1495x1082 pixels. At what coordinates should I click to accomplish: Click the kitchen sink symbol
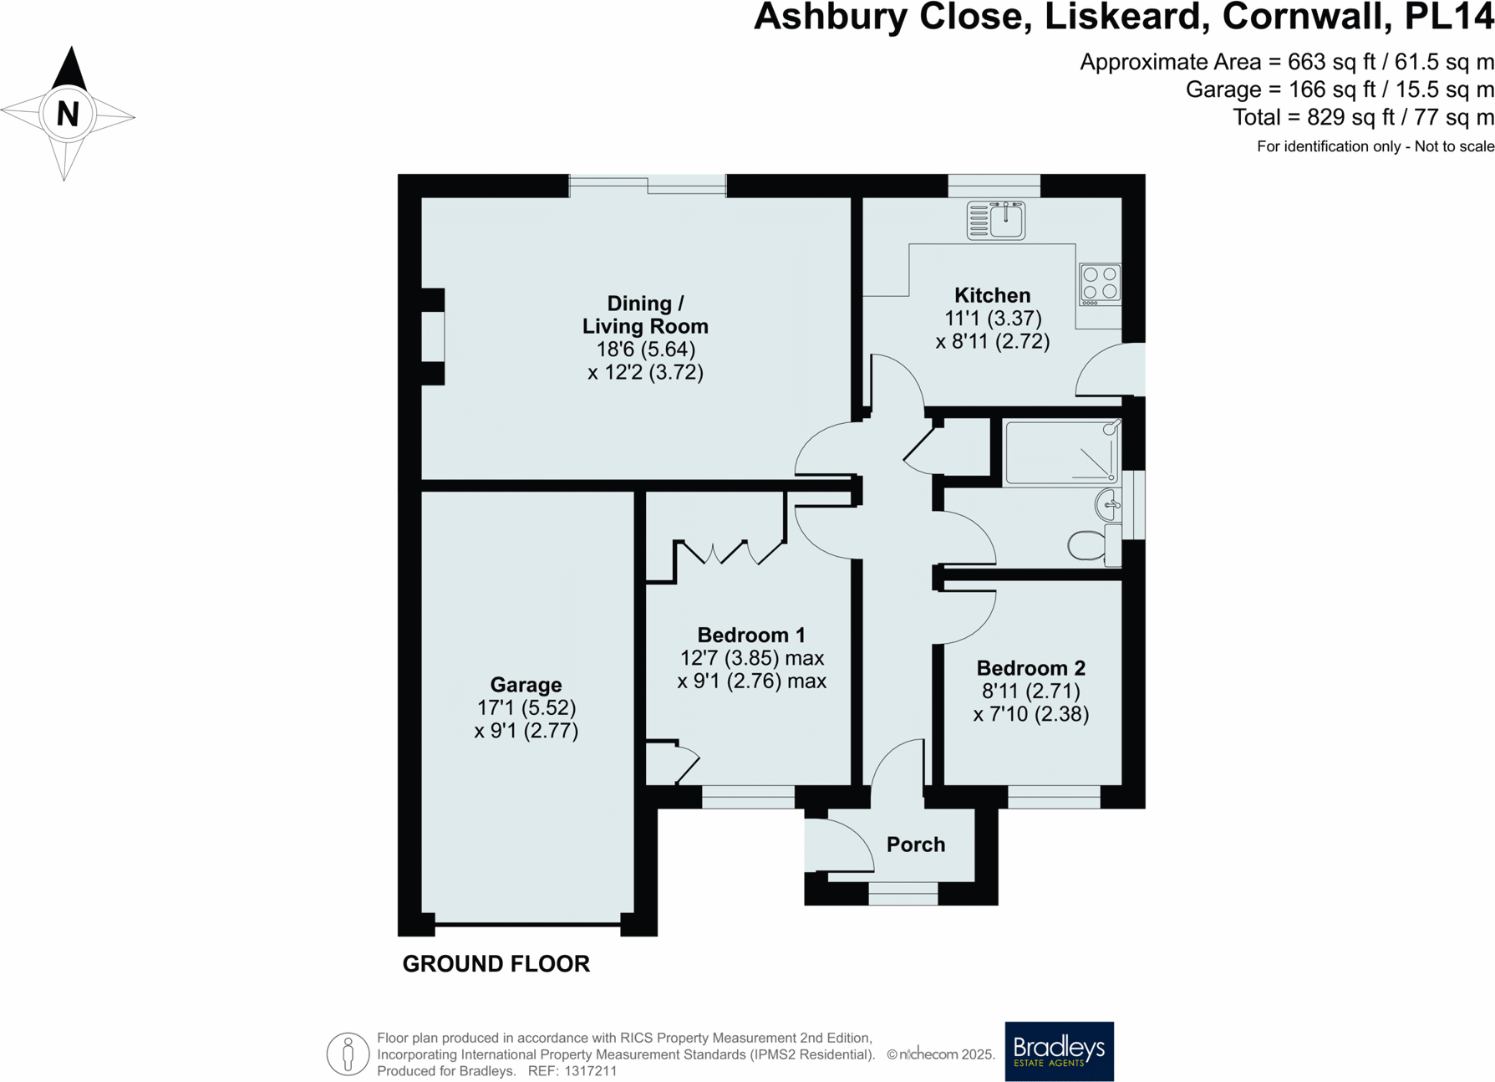(x=995, y=221)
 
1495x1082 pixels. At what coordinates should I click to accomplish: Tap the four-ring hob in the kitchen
(x=1100, y=283)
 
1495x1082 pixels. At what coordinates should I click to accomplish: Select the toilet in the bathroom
(x=1088, y=545)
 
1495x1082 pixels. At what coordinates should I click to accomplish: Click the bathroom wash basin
(x=1108, y=505)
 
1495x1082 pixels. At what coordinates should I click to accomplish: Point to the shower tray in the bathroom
(x=1062, y=453)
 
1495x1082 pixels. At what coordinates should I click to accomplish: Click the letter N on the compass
(x=68, y=114)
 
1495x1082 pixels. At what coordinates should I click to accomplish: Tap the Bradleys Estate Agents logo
(x=1058, y=1050)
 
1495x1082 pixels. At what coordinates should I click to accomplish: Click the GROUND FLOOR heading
(x=496, y=964)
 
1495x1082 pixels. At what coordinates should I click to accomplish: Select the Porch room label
(x=915, y=845)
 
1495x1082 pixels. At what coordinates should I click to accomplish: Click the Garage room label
(x=526, y=685)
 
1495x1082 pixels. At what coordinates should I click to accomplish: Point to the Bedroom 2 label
(x=1030, y=668)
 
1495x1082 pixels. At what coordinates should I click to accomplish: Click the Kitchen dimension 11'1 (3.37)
(x=992, y=319)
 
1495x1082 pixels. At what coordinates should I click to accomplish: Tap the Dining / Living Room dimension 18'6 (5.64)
(x=645, y=350)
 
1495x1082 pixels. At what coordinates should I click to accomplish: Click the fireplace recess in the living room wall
(x=432, y=336)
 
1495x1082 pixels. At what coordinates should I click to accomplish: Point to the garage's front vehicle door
(x=527, y=924)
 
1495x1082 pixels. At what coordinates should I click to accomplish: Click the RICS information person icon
(x=348, y=1054)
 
